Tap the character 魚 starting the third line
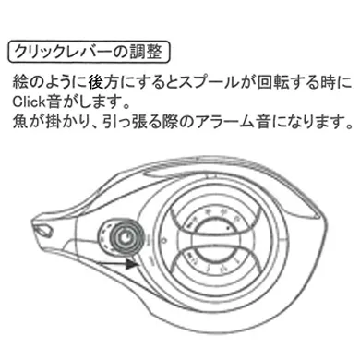pyautogui.click(x=19, y=121)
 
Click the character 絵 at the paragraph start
pyautogui.click(x=19, y=81)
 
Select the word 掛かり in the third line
pyautogui.click(x=61, y=121)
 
